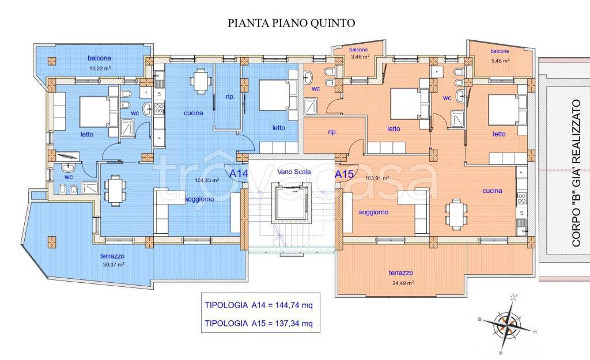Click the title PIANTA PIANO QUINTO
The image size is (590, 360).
292,23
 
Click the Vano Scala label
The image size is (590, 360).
294,172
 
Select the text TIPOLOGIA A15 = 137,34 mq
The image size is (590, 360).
259,324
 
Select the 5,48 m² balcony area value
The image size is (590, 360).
500,60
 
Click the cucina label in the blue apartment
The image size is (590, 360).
194,113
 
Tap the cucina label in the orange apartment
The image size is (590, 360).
493,191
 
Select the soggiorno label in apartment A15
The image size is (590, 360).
373,212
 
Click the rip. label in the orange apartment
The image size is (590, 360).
332,131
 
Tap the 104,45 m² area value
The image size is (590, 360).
206,180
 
